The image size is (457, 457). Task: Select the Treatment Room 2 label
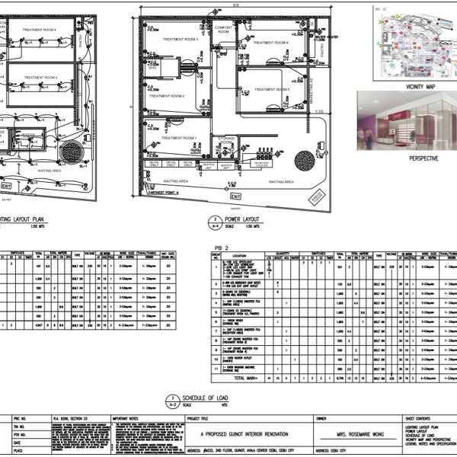(x=167, y=97)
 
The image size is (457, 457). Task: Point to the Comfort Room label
(x=226, y=28)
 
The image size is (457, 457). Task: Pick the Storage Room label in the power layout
(x=225, y=139)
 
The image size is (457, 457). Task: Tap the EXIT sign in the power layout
(x=235, y=197)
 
